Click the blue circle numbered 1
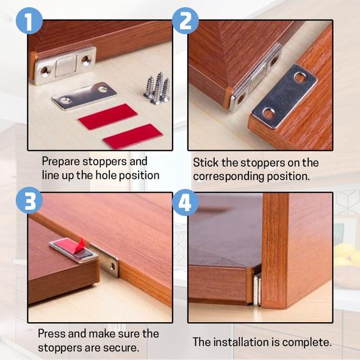[27, 23]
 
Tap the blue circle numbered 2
[186, 23]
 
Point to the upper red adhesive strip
[107, 116]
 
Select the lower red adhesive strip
[132, 136]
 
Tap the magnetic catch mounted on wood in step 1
[65, 65]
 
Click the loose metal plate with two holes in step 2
[284, 96]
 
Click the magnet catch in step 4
[257, 289]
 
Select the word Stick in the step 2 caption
[206, 163]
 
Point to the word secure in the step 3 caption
[121, 348]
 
